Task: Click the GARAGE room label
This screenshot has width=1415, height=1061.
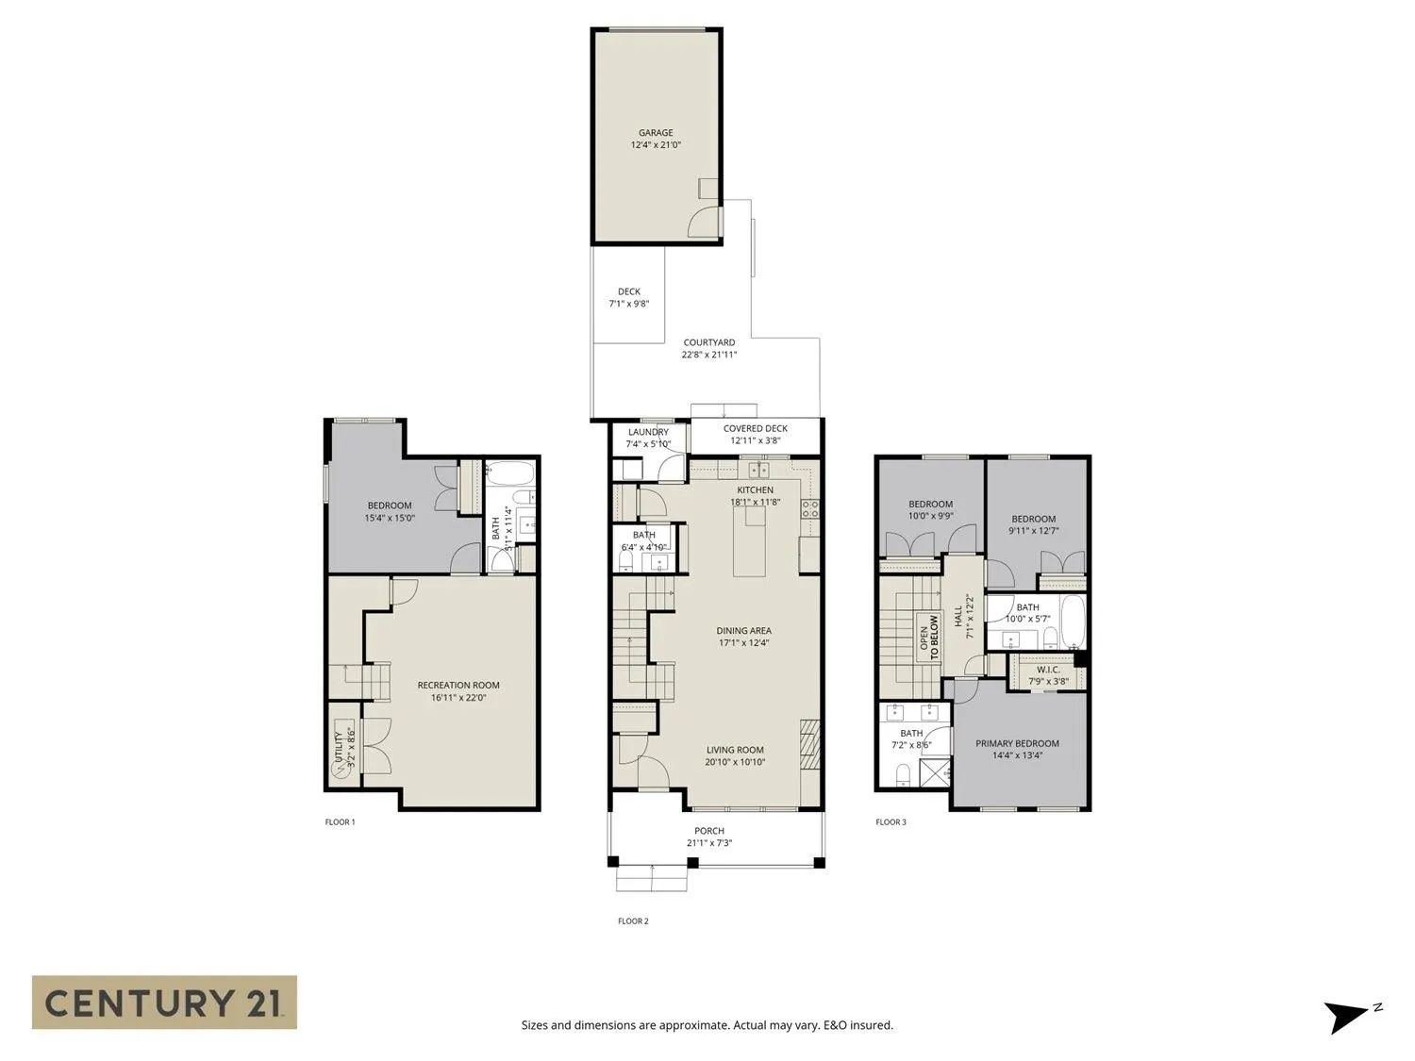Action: pos(656,133)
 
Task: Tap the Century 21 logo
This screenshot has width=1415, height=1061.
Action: pos(164,1002)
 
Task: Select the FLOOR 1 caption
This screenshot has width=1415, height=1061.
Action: pos(340,822)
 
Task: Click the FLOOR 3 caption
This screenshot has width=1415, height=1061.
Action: pos(891,822)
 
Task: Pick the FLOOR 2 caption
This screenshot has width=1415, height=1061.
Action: pos(633,921)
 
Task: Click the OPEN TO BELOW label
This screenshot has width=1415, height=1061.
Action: pos(929,637)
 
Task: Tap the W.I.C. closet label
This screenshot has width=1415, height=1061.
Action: pos(1048,670)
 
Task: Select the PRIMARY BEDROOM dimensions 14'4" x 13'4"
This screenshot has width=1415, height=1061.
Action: pos(1017,755)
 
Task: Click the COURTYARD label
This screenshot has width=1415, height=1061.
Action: pos(709,343)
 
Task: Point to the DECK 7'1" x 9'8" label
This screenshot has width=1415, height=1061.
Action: pos(629,298)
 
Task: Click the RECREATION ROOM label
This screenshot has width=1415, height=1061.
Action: pos(458,686)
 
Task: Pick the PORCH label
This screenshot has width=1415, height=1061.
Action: pos(709,831)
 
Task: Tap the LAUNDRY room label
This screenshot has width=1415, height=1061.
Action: pos(648,432)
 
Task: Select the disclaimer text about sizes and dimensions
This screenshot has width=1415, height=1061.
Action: pos(707,1025)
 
